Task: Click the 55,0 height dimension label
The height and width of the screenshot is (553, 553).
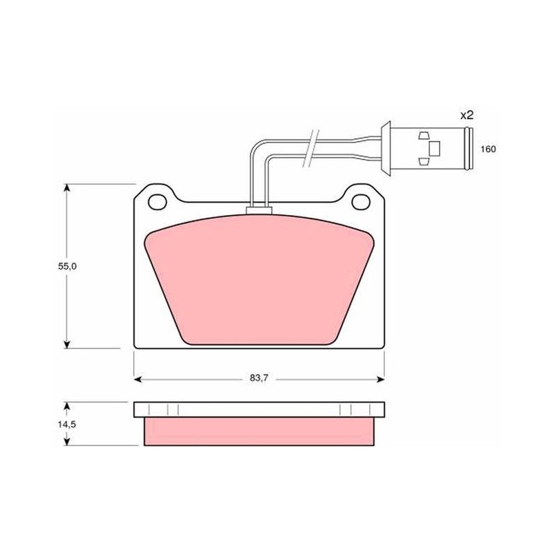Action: pos(67,266)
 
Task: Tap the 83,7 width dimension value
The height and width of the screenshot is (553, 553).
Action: pos(259,378)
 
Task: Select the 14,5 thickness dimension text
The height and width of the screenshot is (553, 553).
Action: pos(67,424)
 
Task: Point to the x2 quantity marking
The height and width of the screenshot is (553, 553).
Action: pos(467,115)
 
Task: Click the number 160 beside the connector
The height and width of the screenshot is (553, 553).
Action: pos(488,149)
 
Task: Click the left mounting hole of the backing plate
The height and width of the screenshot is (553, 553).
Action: pos(158,202)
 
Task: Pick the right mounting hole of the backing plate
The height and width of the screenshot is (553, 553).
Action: pos(361,202)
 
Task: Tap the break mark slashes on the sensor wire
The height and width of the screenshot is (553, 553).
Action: pos(310,148)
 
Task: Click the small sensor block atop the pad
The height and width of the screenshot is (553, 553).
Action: pos(259,211)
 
